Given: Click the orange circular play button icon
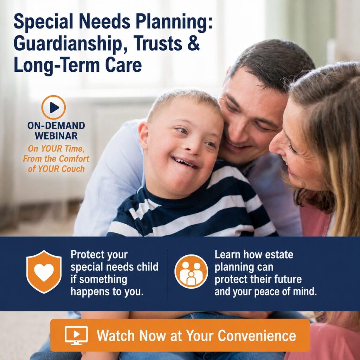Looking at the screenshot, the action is click(53, 107).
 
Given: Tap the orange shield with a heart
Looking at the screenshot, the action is click(44, 272).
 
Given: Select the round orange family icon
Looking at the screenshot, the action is click(191, 271).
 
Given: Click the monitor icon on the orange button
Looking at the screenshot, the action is click(76, 335).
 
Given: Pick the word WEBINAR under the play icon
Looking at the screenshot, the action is click(56, 136).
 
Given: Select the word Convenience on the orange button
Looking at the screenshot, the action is click(257, 335).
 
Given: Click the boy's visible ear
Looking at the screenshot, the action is click(143, 135).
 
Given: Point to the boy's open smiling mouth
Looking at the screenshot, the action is click(185, 162).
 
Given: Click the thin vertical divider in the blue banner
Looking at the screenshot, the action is click(167, 274).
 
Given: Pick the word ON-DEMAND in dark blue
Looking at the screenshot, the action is click(56, 126).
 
